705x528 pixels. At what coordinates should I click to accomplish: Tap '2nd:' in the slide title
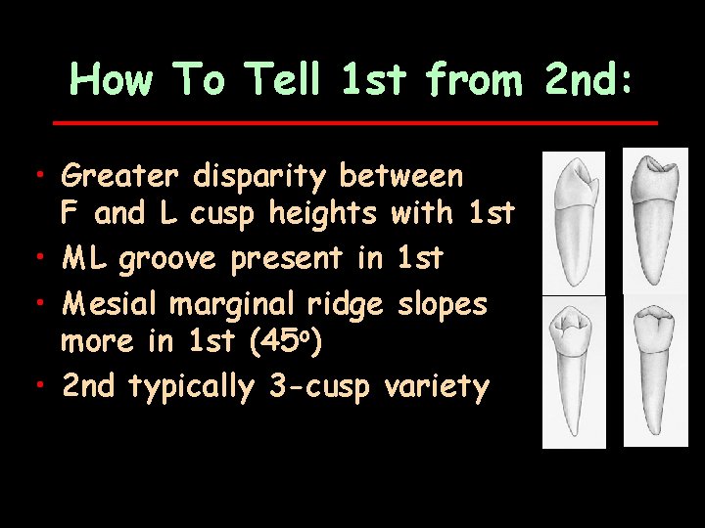(x=588, y=79)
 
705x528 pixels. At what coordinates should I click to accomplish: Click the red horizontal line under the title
(x=354, y=123)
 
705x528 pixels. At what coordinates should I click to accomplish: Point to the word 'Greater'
(x=119, y=177)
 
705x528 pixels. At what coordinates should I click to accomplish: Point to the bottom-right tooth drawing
(x=654, y=369)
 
